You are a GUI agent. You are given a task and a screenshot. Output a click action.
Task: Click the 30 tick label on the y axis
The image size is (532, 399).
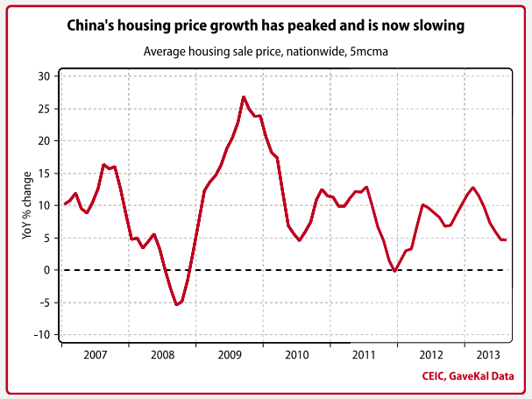[42, 76]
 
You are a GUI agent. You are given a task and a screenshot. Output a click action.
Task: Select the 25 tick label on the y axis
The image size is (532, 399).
[42, 109]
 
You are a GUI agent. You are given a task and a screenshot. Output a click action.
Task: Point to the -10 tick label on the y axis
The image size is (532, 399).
[39, 334]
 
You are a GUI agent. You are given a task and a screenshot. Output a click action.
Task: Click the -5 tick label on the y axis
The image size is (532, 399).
[42, 302]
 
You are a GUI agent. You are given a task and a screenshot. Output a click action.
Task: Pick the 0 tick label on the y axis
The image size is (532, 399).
[46, 270]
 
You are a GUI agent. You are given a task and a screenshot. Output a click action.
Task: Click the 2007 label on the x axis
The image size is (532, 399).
[95, 356]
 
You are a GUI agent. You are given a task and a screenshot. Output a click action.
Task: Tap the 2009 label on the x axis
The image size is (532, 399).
[229, 356]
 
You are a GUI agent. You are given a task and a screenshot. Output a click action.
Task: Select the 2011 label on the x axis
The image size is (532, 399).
[364, 356]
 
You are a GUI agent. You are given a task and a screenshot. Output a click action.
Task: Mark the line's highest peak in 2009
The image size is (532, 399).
[244, 96]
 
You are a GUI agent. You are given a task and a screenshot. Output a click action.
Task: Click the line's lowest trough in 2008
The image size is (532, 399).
[176, 304]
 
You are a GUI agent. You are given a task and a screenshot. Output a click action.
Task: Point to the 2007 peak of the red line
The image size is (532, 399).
[103, 164]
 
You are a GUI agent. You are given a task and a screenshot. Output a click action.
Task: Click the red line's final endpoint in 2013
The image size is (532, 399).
[505, 239]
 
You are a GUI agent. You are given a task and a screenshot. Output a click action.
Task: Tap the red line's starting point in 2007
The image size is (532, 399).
[64, 204]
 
